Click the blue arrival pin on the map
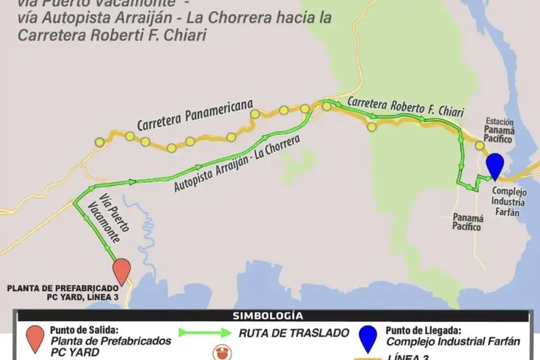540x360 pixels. click(x=495, y=165)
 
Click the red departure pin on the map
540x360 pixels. click(x=122, y=270)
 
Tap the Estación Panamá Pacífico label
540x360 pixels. click(x=499, y=131)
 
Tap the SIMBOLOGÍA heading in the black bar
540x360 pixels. click(x=268, y=316)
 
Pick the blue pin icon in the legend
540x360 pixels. click(x=367, y=338)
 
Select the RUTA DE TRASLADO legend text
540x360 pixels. click(x=289, y=333)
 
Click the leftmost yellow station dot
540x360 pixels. click(x=99, y=142)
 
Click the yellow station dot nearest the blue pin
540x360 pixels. click(x=480, y=146)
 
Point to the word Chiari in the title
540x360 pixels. click(x=184, y=35)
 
